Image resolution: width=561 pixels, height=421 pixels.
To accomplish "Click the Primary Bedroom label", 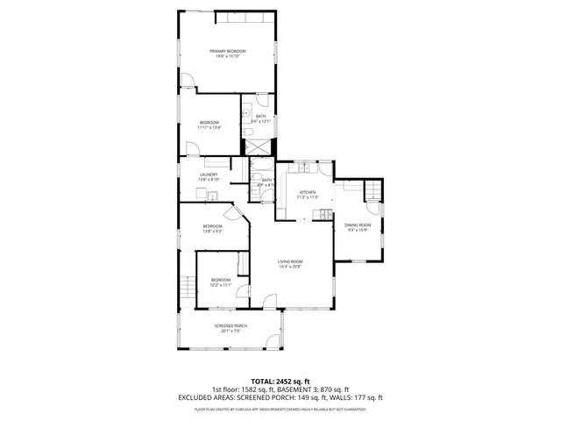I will click(227, 52).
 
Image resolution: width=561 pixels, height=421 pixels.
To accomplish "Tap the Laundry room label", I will click(209, 175).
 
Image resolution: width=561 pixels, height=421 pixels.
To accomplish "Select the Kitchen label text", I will click(307, 192).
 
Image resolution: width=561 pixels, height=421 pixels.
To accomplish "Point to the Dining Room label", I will click(358, 225).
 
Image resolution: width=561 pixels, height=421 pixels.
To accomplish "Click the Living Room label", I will click(291, 261).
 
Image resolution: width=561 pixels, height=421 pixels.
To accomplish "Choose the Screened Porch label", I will click(231, 325).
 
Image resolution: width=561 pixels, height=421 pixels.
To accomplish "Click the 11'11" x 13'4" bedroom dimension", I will click(209, 127).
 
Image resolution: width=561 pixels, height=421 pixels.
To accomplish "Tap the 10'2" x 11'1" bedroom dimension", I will click(220, 285).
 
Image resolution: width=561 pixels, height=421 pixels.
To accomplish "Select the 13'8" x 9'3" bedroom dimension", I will click(213, 232).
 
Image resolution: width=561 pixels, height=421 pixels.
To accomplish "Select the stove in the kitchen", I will click(326, 215).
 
